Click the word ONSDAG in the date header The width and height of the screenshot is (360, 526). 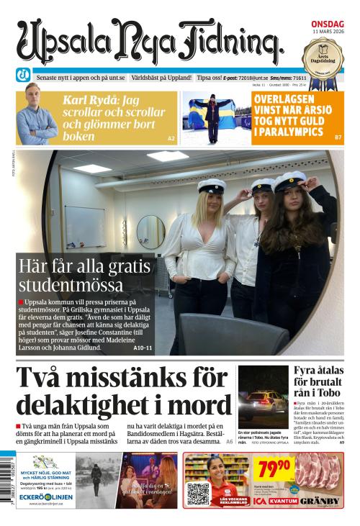pos(327,24)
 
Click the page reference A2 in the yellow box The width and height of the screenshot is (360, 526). pos(171,137)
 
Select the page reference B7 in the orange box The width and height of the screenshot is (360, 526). pos(338,137)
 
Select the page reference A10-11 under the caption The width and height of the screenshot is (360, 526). pos(143,348)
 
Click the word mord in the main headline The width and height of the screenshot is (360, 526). pos(195,407)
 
